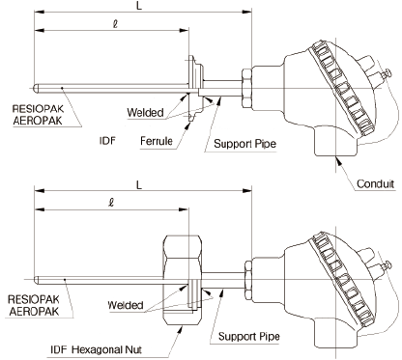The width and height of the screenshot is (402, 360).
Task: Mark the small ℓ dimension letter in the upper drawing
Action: click(x=114, y=31)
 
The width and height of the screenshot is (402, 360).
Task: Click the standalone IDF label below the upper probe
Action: click(x=108, y=141)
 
